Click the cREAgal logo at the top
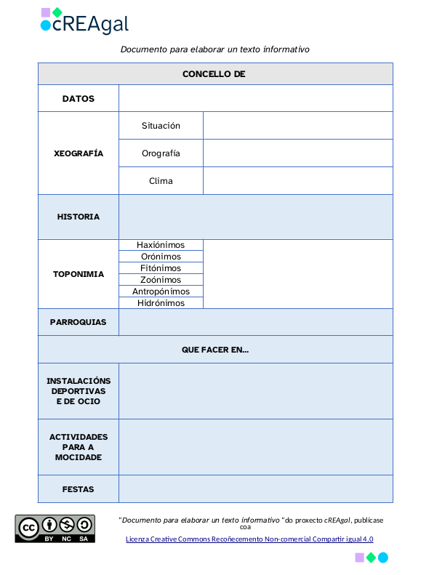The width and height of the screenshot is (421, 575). [x=84, y=21]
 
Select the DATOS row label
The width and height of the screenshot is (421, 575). [x=79, y=98]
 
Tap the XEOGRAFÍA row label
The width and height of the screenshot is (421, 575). [x=79, y=153]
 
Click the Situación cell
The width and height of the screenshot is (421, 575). [x=161, y=126]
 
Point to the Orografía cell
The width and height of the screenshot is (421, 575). [x=161, y=153]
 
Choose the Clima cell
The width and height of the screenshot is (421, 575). [x=161, y=181]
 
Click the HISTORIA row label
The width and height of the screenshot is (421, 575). [x=79, y=217]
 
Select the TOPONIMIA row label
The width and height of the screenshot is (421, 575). [x=79, y=274]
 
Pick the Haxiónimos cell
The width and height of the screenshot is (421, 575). [x=161, y=245]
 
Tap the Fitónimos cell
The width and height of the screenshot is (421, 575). [x=161, y=268]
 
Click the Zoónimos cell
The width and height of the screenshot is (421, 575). [x=161, y=280]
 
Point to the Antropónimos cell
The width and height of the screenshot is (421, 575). [x=161, y=291]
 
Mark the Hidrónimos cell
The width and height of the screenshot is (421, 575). [x=161, y=303]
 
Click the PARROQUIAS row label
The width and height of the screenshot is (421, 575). [x=79, y=322]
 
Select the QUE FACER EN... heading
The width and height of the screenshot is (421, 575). [x=215, y=350]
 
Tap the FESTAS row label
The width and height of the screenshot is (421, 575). [x=79, y=489]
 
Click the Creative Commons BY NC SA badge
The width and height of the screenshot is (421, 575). [x=55, y=528]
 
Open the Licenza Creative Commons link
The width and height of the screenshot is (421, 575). [x=249, y=539]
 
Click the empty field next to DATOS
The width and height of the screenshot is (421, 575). [x=255, y=98]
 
